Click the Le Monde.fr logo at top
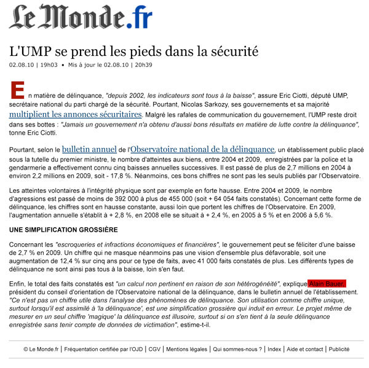[x=80, y=17]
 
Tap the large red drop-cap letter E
[x=18, y=92]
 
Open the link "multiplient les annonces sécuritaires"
[x=75, y=114]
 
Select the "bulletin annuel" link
[x=89, y=149]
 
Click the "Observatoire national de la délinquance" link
[x=202, y=149]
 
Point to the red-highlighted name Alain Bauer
[x=328, y=283]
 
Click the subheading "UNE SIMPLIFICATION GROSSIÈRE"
[x=63, y=230]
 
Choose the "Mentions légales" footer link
[x=186, y=349]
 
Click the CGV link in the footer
[x=154, y=349]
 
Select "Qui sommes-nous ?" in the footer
[x=237, y=349]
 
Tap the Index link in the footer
[x=274, y=349]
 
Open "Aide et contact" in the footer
[x=304, y=349]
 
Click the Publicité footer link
[x=339, y=349]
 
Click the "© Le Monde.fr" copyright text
[x=41, y=349]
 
